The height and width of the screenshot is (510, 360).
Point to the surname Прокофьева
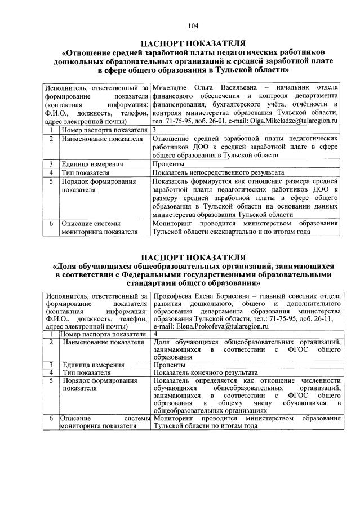175,295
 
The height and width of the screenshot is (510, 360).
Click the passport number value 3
155,130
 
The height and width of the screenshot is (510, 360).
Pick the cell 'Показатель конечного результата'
206,373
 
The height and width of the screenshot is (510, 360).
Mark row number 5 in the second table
52,381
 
